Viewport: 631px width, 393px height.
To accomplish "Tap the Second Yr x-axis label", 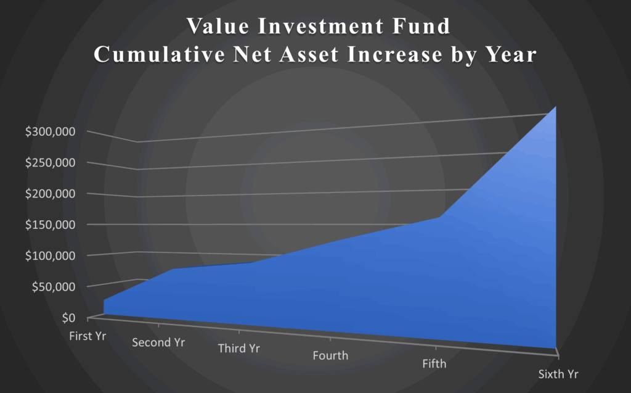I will click(158, 342).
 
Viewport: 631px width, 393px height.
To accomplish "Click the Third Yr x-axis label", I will click(239, 349).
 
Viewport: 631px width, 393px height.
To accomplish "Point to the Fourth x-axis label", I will click(330, 355).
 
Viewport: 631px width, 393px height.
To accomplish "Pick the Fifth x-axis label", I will click(434, 364).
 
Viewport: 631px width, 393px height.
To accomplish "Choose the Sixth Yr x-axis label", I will click(558, 373).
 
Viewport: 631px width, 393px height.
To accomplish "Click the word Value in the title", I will click(216, 28).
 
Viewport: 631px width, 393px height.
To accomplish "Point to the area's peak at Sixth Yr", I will click(556, 107).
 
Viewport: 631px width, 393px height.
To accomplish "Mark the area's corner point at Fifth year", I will click(439, 217).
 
